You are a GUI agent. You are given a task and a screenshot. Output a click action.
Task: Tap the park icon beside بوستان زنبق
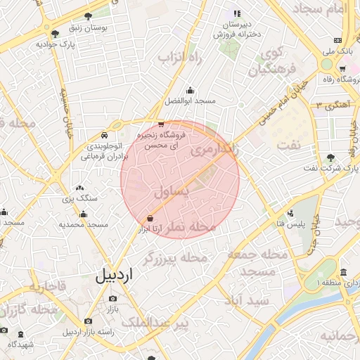pos(88,17)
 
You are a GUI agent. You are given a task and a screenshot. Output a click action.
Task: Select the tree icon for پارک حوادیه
pos(55,33)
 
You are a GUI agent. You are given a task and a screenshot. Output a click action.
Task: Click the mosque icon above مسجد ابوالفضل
pos(190,90)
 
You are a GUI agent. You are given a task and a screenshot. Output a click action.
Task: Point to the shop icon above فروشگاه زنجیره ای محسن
pos(161,124)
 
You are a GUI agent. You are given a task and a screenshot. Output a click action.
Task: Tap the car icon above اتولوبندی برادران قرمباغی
pos(104,135)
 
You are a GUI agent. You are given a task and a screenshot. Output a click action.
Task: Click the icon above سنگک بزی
pos(79,188)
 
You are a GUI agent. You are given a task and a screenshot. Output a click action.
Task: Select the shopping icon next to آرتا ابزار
pos(149,218)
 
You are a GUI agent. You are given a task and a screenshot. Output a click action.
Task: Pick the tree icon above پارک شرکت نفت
pos(330,157)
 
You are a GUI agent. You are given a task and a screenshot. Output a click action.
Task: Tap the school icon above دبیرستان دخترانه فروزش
pos(237,13)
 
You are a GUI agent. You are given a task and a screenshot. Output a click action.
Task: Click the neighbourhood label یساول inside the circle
pos(172,191)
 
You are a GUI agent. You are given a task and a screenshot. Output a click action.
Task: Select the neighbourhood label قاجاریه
pos(46,287)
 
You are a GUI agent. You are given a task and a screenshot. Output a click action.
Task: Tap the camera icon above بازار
pos(112,299)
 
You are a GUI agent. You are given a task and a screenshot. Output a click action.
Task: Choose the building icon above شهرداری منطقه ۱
pos(342,272)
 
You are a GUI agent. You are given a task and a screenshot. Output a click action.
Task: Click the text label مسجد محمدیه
pos(83,224)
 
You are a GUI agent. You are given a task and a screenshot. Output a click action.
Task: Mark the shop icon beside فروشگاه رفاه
pos(342,68)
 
